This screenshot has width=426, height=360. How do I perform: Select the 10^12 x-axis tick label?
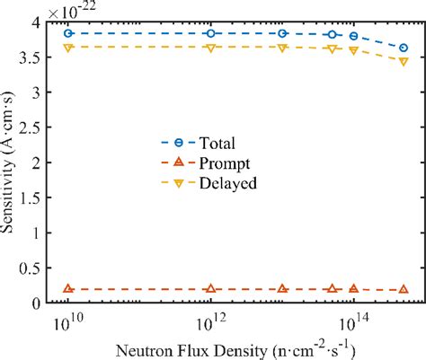(210, 321)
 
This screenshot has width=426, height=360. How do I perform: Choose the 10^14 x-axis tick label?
(353, 321)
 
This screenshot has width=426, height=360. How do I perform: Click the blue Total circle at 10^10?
(67, 33)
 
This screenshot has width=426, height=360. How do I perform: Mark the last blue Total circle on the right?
(404, 48)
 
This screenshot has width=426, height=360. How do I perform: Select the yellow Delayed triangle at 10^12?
(210, 48)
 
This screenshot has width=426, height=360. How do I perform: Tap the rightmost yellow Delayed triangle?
(404, 61)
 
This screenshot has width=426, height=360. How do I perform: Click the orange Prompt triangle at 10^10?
(67, 289)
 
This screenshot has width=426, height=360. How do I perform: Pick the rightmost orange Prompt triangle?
(404, 290)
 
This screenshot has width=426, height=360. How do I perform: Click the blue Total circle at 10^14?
(353, 36)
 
